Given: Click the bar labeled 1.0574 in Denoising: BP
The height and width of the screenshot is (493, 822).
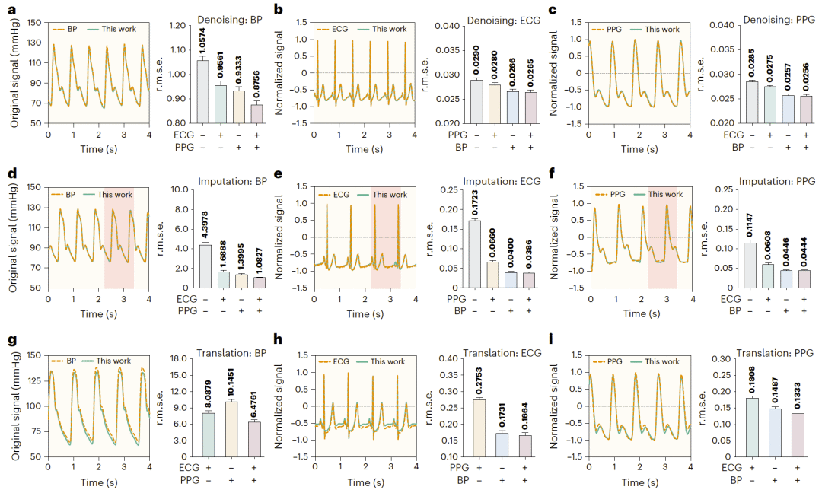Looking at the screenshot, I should coord(202,91).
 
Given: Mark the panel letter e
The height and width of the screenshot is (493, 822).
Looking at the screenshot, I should coord(279,175).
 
